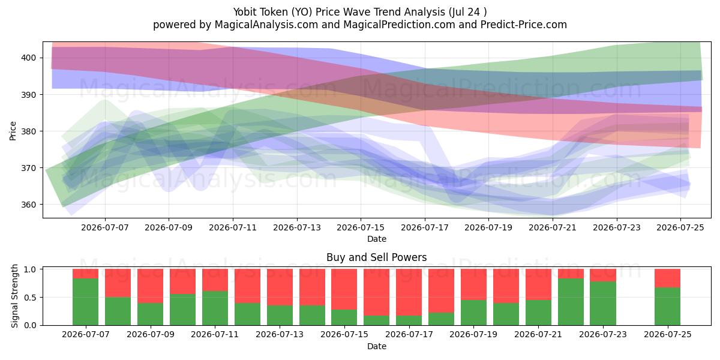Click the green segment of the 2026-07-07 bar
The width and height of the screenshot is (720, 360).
click(85, 302)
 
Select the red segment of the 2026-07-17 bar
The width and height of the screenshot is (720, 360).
click(409, 292)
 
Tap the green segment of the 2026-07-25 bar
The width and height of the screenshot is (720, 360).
click(667, 307)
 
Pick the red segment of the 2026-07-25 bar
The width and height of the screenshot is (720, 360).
click(667, 278)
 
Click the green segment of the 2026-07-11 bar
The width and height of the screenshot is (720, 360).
click(215, 308)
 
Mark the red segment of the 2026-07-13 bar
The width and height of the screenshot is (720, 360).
click(280, 287)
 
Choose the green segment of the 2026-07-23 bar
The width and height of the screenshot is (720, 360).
click(602, 304)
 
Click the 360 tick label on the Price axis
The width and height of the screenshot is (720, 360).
click(28, 205)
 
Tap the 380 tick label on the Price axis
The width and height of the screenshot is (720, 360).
click(28, 131)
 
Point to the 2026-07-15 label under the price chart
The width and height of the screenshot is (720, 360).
click(361, 227)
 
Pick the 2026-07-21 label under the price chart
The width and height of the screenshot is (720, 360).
click(553, 227)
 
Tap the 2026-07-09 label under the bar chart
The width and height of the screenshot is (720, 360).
click(151, 334)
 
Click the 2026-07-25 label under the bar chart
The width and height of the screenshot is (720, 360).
click(668, 334)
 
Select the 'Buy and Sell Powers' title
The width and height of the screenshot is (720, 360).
click(377, 257)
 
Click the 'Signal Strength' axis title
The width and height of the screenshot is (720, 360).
click(14, 296)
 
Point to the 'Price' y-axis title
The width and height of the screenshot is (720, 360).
click(13, 131)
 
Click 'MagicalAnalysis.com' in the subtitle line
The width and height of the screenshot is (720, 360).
click(266, 25)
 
